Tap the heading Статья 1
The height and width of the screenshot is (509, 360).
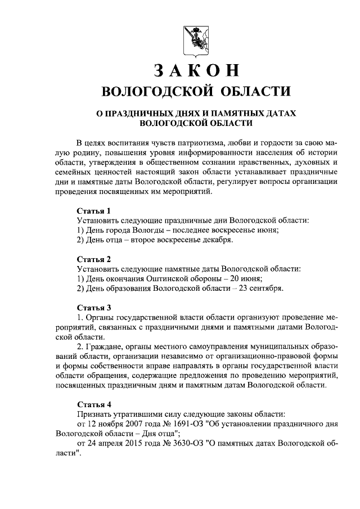(93, 210)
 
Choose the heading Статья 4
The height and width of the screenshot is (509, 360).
(93, 403)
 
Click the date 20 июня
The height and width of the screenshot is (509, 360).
(249, 279)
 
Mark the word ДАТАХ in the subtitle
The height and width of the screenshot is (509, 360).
(278, 113)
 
